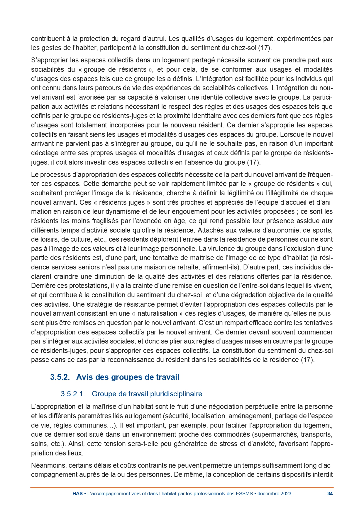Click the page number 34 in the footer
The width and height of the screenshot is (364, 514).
point(330,493)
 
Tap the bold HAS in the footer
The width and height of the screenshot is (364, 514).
point(77,493)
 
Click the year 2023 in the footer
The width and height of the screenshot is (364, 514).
point(286,493)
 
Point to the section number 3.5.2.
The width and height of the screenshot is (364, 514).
point(60,377)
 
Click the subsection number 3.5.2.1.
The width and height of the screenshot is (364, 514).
point(73,394)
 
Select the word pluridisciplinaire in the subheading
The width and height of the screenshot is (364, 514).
point(176,394)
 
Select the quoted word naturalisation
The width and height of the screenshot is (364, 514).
point(157,313)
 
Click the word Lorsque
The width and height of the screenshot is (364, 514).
point(292,134)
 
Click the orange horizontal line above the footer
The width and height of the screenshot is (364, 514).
point(182,488)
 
